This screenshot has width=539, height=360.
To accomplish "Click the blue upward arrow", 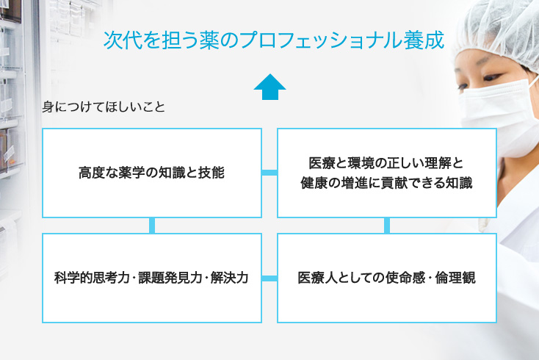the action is (269, 87).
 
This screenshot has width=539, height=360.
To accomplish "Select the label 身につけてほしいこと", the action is (104, 107).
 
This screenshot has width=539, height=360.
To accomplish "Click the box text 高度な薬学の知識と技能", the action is (151, 173).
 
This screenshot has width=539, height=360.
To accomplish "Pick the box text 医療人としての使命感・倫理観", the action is (387, 278).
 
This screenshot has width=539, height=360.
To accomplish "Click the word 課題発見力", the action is (170, 278).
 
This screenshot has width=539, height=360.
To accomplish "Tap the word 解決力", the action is (229, 278).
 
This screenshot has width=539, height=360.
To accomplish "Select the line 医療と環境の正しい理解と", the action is (386, 163).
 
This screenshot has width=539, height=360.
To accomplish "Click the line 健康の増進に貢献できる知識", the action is (386, 183).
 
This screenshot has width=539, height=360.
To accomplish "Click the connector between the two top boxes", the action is (269, 173).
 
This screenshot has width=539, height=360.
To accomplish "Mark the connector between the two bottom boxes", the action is (269, 278).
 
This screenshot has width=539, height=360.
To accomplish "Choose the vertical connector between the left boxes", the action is (152, 226).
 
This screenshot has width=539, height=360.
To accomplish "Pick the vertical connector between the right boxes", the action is (387, 226).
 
